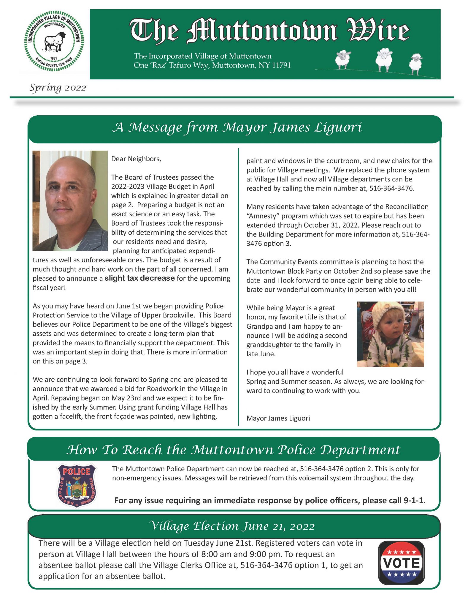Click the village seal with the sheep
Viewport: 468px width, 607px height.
[x=54, y=41]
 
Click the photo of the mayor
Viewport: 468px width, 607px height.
[x=70, y=201]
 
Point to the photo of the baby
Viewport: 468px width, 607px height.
[x=390, y=334]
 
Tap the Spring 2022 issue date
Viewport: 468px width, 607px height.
[x=58, y=88]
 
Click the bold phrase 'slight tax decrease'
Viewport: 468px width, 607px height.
[x=139, y=278]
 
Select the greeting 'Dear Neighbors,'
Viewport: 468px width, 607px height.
[x=136, y=159]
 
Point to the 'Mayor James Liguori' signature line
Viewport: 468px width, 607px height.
[x=278, y=418]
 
